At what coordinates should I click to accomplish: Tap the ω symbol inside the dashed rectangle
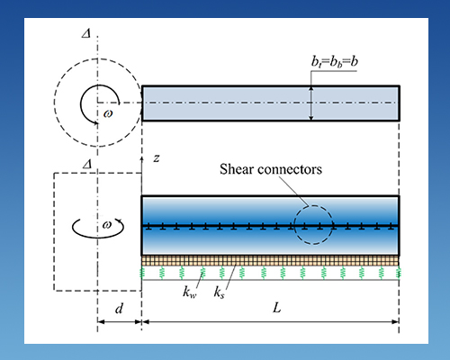(x=106, y=224)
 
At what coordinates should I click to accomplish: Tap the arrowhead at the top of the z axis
(x=143, y=159)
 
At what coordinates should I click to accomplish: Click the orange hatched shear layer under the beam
(x=270, y=260)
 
